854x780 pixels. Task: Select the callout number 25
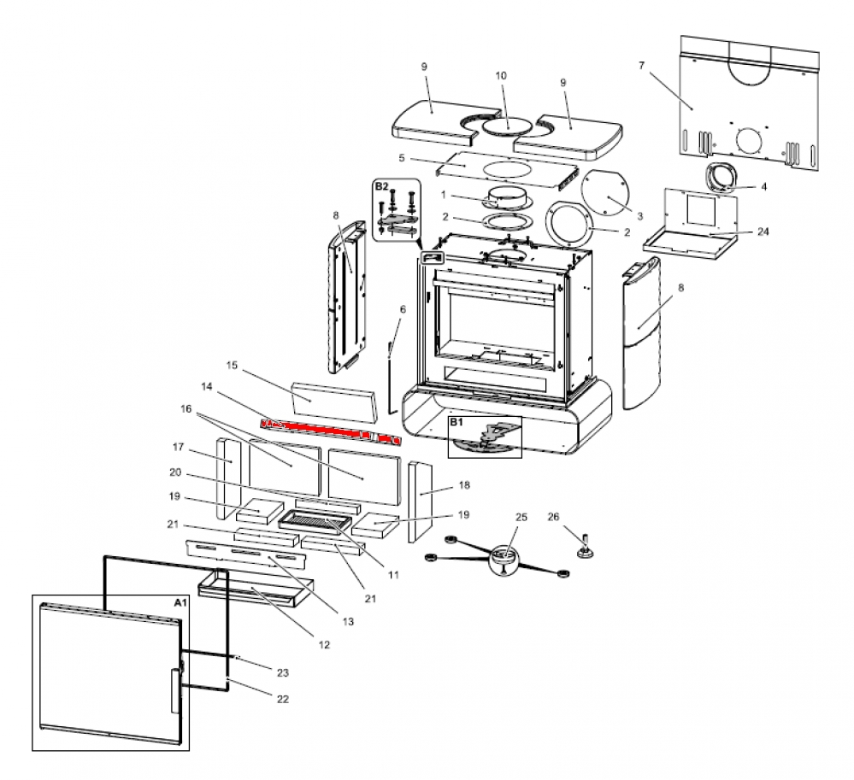click(x=521, y=518)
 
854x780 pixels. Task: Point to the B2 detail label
click(x=381, y=185)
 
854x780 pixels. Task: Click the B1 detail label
click(x=456, y=422)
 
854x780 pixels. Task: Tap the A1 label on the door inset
click(x=180, y=602)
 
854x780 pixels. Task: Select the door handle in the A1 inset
click(x=175, y=690)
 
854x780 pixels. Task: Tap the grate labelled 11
click(x=315, y=517)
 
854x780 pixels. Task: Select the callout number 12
click(x=323, y=645)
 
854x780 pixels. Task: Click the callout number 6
click(x=402, y=308)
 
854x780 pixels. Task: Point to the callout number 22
click(x=283, y=699)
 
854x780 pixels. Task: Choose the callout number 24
click(x=763, y=231)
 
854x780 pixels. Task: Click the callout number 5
click(x=401, y=158)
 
